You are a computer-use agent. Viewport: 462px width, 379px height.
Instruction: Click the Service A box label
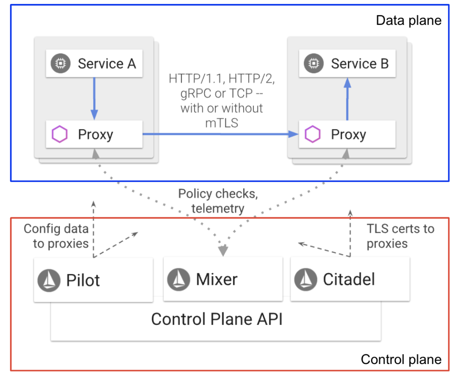(107, 64)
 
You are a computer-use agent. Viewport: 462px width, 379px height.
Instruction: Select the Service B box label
(360, 64)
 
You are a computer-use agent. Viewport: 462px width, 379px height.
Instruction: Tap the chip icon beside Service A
(61, 63)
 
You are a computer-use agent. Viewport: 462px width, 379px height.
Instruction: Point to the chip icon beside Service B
(314, 63)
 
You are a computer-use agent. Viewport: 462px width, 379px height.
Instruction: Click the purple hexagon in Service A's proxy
(60, 134)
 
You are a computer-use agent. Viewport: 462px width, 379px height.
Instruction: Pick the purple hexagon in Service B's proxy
(313, 134)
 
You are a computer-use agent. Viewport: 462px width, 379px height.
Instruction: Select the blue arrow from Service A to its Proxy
(94, 98)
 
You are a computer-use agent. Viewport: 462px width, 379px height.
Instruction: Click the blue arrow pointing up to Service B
(347, 99)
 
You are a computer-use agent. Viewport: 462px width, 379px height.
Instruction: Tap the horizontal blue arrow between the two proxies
(220, 134)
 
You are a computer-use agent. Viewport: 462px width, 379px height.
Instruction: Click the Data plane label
(409, 21)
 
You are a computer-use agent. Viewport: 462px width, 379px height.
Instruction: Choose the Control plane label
(401, 359)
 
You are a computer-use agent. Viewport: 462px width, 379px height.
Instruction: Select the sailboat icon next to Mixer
(178, 280)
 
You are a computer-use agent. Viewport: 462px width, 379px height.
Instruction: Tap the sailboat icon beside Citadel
(306, 280)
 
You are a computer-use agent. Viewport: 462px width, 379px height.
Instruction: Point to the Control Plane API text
(217, 319)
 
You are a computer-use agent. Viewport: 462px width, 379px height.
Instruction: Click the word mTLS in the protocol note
(222, 123)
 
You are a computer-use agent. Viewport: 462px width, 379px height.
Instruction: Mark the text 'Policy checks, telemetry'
(218, 201)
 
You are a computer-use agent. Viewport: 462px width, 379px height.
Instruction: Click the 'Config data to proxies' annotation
(56, 236)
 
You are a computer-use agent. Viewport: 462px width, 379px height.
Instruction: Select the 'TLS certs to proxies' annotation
(400, 236)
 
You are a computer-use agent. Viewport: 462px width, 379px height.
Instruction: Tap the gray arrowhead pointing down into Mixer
(223, 251)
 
